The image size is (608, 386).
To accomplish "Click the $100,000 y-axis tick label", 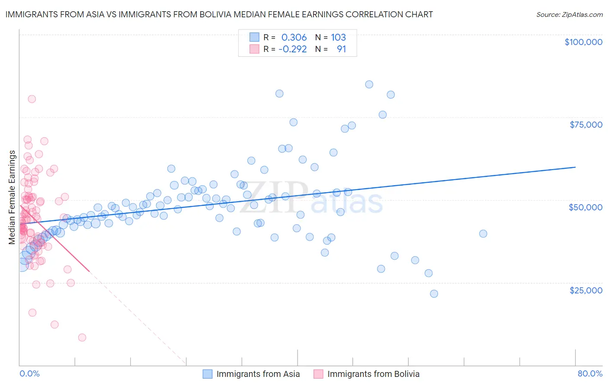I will [x=583, y=42].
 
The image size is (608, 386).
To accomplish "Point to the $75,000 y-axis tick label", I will [x=586, y=125].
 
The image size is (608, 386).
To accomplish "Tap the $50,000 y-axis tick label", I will [x=585, y=207].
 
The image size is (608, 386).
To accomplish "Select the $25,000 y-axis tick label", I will [x=586, y=290].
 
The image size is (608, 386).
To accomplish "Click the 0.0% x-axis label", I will [x=30, y=373].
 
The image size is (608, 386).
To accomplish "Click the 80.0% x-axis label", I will [x=590, y=373].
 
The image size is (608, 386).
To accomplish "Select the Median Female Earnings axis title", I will [x=12, y=197].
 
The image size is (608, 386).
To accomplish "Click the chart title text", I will [x=219, y=14].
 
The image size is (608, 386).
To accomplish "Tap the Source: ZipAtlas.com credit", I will [x=569, y=14].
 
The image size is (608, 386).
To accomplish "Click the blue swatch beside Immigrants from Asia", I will [x=208, y=374].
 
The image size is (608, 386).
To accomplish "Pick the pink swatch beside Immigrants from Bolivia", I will [x=319, y=374].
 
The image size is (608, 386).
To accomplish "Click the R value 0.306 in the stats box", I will [x=294, y=37].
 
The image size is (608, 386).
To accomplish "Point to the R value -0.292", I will [x=292, y=49].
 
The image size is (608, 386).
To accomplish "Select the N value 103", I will [x=338, y=37].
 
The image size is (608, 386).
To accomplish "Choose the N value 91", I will [x=341, y=49].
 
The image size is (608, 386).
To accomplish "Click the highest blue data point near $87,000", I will [x=369, y=84].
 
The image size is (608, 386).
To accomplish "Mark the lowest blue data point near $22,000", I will [x=434, y=293].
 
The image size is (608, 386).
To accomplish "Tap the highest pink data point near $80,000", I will [x=32, y=99].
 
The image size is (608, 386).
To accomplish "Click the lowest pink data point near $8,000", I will [x=82, y=338].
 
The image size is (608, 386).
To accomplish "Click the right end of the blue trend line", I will [x=575, y=167].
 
